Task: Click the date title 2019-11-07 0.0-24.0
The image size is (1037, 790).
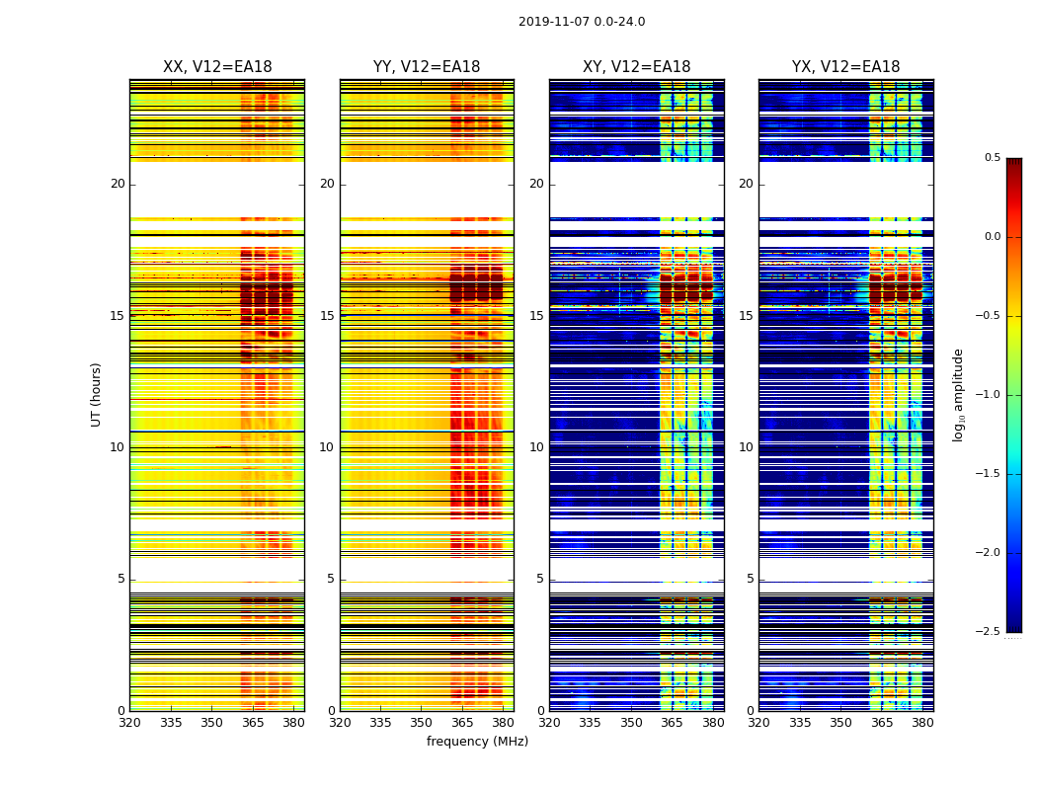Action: pyautogui.click(x=582, y=22)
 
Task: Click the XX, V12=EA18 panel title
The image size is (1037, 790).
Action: pyautogui.click(x=217, y=67)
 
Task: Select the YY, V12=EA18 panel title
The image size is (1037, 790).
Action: pyautogui.click(x=427, y=67)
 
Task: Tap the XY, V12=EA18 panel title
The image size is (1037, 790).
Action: pyautogui.click(x=637, y=67)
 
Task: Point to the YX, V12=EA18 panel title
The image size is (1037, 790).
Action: pyautogui.click(x=846, y=67)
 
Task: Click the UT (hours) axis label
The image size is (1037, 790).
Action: pyautogui.click(x=96, y=394)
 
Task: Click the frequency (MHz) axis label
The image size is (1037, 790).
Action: pyautogui.click(x=477, y=742)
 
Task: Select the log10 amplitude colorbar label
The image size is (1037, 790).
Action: pyautogui.click(x=958, y=394)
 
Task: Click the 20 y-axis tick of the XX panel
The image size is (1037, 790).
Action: pyautogui.click(x=118, y=184)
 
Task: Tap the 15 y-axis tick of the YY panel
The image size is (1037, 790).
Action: pyautogui.click(x=327, y=316)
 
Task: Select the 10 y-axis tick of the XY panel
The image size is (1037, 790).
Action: pyautogui.click(x=536, y=447)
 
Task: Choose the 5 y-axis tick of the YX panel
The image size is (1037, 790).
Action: pyautogui.click(x=751, y=579)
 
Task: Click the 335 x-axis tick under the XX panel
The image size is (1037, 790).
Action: pyautogui.click(x=171, y=723)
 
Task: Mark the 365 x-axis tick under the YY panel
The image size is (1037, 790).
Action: pyautogui.click(x=462, y=723)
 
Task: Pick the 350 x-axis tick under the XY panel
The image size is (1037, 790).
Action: pyautogui.click(x=631, y=723)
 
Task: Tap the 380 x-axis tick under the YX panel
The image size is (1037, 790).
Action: pyautogui.click(x=922, y=723)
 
